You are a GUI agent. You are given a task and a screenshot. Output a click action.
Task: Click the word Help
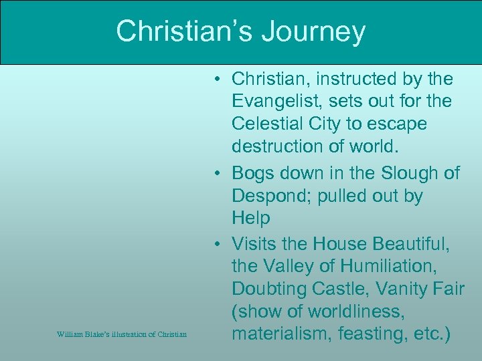[x=251, y=218]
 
